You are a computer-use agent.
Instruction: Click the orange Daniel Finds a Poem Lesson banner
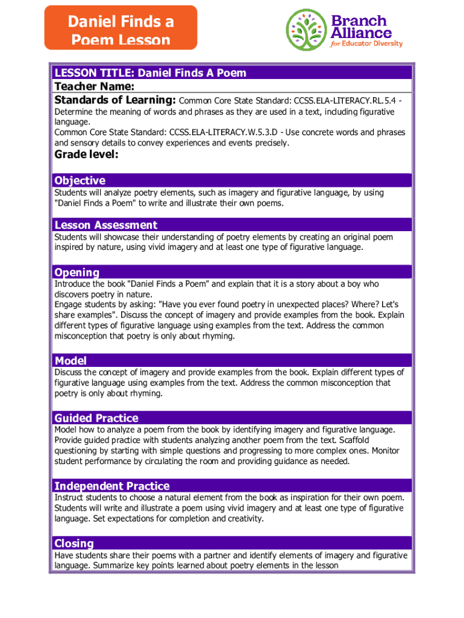tap(121, 28)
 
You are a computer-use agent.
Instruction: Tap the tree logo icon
tap(307, 30)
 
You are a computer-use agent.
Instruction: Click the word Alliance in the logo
tap(361, 33)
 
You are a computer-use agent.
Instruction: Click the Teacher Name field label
tap(94, 86)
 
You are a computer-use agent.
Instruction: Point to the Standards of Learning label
tap(115, 100)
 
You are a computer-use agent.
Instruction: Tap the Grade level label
tap(86, 155)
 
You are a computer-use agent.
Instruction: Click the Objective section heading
tap(80, 180)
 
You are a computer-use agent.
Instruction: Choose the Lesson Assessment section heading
tap(105, 225)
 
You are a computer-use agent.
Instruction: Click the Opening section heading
tap(77, 272)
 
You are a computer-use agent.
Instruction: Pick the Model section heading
tap(71, 361)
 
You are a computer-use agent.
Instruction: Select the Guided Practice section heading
tap(96, 418)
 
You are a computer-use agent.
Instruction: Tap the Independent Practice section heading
tap(112, 486)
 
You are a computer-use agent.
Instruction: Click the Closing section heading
tap(74, 543)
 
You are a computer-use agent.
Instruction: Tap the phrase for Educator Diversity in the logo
tap(366, 43)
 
